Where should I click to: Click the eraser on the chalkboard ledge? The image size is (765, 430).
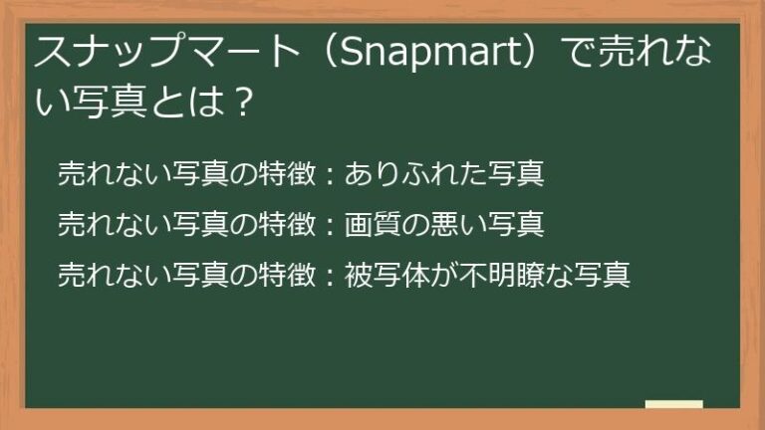[x=673, y=404]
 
